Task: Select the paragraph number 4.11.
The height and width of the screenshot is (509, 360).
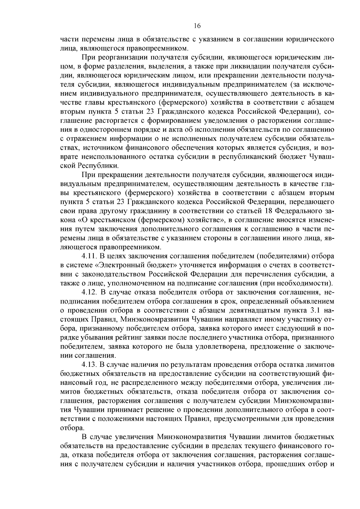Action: tap(89, 256)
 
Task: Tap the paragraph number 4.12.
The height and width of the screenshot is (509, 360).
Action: tap(89, 292)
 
